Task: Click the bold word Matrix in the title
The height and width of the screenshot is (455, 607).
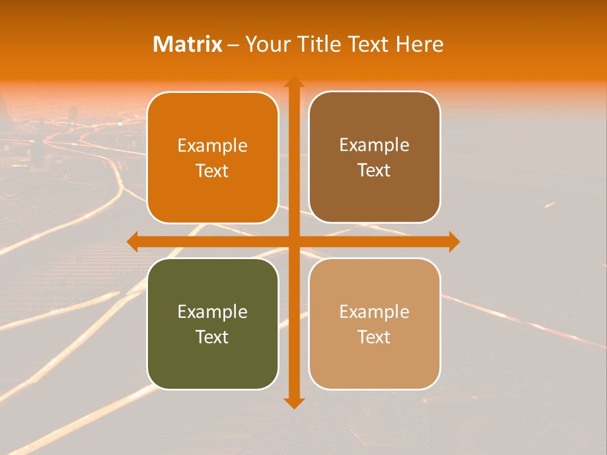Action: [188, 44]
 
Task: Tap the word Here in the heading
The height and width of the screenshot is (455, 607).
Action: [419, 44]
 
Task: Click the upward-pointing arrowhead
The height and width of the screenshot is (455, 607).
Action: [293, 82]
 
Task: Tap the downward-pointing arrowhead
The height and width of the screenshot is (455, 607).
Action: [293, 403]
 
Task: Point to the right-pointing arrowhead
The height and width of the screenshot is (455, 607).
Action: [453, 241]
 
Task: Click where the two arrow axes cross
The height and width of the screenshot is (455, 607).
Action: [293, 241]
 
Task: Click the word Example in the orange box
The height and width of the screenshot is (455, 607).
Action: [212, 145]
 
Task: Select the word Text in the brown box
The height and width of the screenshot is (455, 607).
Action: [374, 171]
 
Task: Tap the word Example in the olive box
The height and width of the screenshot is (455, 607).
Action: [212, 312]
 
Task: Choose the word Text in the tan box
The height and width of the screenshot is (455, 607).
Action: [374, 337]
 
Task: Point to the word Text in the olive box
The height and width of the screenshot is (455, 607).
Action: [212, 337]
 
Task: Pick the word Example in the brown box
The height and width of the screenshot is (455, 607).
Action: [374, 145]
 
